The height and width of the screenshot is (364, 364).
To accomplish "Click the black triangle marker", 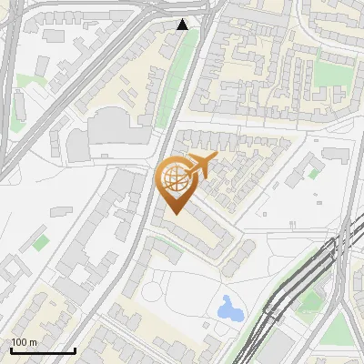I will click(x=183, y=25).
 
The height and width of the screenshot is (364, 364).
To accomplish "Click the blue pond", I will click(x=229, y=308).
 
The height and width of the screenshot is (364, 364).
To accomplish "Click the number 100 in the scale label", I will click(x=19, y=342).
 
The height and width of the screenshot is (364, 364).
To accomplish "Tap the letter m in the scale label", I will click(x=33, y=343).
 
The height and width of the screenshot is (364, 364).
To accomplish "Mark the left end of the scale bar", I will click(x=10, y=351).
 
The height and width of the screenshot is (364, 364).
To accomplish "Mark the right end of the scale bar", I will click(x=75, y=351).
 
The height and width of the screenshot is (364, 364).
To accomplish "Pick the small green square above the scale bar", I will click(x=40, y=241).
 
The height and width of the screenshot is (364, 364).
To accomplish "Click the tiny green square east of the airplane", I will click(x=314, y=171).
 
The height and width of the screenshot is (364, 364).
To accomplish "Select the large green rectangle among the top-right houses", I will click(x=333, y=74).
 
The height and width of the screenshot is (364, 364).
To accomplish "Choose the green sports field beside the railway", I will click(x=309, y=300).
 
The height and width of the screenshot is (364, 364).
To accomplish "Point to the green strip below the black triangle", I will click(x=177, y=82).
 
